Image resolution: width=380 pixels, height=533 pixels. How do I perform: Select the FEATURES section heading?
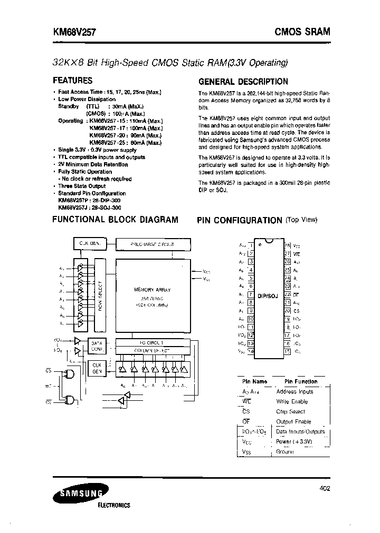[x=73, y=81]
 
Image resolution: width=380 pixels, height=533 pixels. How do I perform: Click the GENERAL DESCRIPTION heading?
[x=243, y=82]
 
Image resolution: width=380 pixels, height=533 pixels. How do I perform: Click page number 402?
[x=325, y=489]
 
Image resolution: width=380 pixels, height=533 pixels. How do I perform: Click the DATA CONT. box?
[x=97, y=344]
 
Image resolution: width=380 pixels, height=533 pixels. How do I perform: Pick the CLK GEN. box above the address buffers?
[x=90, y=243]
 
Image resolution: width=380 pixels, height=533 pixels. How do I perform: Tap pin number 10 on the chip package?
[x=251, y=319]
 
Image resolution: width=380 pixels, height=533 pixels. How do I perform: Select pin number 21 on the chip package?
[x=288, y=303]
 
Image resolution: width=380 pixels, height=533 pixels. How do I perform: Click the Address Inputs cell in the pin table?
[x=294, y=391]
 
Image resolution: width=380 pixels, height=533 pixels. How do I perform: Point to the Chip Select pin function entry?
[x=291, y=411]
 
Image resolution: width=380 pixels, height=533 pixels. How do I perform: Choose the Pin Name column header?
[x=254, y=381]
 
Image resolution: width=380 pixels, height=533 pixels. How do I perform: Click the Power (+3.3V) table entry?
[x=294, y=441]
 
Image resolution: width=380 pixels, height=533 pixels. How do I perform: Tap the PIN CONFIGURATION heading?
[x=240, y=220]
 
